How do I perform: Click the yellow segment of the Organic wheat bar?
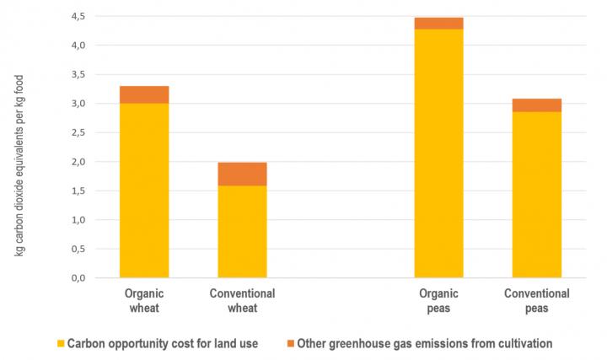[144, 190]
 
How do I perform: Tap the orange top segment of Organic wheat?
[144, 94]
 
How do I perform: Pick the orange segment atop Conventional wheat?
[242, 174]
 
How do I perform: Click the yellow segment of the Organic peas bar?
[438, 153]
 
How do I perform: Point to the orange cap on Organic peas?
[438, 24]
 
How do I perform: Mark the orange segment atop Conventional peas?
[537, 105]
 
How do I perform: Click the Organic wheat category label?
[144, 301]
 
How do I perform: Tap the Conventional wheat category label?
[242, 301]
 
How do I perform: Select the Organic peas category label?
[438, 301]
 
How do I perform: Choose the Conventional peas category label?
[537, 301]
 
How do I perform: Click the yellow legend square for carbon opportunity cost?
[60, 343]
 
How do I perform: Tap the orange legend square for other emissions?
[292, 343]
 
